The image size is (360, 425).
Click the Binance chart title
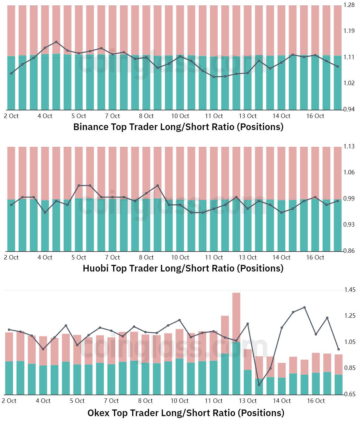[x=178, y=127]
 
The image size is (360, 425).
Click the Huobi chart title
[x=183, y=268]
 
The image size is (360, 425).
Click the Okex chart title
[x=186, y=413]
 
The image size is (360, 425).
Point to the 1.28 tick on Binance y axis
[x=349, y=5]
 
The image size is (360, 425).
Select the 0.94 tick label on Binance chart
[x=349, y=109]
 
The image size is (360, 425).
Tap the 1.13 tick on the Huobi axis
[x=349, y=146]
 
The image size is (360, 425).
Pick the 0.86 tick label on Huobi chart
[x=349, y=251]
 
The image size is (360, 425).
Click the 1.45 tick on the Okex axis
[x=350, y=290]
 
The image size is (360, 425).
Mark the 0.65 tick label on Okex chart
[x=350, y=394]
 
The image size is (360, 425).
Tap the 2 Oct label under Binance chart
[x=11, y=116]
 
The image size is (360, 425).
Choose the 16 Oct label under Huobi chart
[x=315, y=258]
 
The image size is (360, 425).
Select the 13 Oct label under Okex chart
[x=248, y=401]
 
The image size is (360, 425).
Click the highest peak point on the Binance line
[x=56, y=42]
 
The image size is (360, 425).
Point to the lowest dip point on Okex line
[x=259, y=385]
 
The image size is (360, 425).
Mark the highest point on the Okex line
[x=304, y=307]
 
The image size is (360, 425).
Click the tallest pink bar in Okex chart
[x=236, y=317]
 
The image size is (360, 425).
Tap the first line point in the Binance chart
[x=11, y=73]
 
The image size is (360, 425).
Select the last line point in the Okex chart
[x=338, y=349]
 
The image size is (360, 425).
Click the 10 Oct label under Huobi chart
[x=180, y=258]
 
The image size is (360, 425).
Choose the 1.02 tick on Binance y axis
[x=349, y=83]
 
